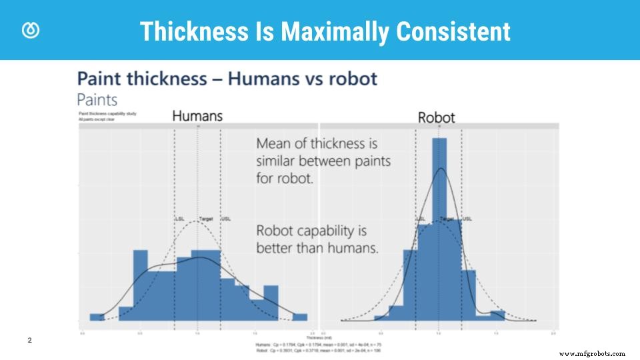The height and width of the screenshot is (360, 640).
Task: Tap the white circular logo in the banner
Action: (31, 31)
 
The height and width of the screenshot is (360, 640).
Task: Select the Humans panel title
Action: (197, 116)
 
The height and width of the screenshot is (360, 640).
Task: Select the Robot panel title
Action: (436, 117)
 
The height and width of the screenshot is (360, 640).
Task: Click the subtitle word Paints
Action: (97, 100)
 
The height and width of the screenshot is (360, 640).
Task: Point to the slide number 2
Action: (29, 341)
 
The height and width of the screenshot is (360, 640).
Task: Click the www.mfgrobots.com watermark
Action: (592, 354)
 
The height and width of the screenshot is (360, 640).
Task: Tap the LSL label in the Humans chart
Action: (180, 219)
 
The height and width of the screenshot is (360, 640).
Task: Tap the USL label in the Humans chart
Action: (226, 219)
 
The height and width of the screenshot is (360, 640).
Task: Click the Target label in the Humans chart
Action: (206, 219)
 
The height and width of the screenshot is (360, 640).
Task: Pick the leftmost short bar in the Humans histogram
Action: (97, 317)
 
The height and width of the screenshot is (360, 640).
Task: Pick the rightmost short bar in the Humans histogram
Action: (300, 317)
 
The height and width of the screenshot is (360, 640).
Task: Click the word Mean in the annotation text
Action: (273, 143)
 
